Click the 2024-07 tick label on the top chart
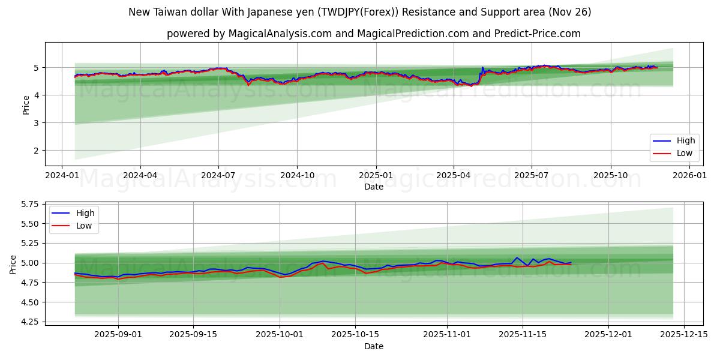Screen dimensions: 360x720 (x=218, y=175)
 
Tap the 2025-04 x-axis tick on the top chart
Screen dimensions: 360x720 (x=454, y=175)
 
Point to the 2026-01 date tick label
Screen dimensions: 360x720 (x=689, y=175)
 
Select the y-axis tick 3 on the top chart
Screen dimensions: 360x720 (x=35, y=123)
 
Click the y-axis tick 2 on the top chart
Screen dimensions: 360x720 (x=35, y=151)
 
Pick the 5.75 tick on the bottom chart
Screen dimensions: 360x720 (x=29, y=204)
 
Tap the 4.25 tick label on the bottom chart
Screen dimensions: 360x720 (x=29, y=322)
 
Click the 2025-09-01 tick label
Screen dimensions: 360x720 (x=118, y=334)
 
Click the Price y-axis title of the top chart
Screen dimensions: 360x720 (x=26, y=106)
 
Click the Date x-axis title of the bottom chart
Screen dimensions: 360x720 (x=373, y=346)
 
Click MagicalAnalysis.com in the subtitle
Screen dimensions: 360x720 (x=280, y=34)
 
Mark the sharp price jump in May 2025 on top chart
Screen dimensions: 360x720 (x=481, y=73)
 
